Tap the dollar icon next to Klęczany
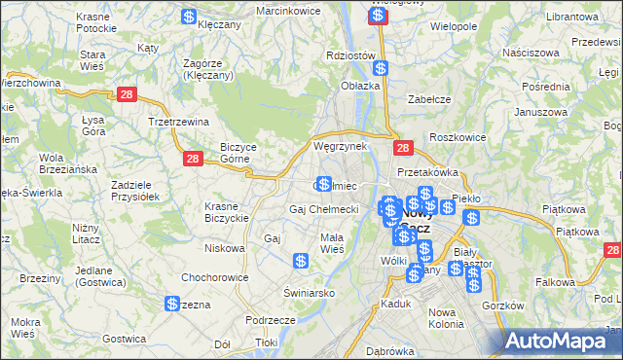click(x=189, y=17)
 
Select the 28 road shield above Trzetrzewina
click(x=126, y=93)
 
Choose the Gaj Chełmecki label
click(x=324, y=209)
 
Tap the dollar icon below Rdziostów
click(x=381, y=69)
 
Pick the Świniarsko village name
click(x=309, y=292)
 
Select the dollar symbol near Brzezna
click(x=171, y=305)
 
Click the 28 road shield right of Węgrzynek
click(x=404, y=148)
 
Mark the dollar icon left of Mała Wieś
click(x=302, y=261)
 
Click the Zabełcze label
click(x=428, y=98)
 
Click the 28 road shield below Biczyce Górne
click(x=193, y=158)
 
